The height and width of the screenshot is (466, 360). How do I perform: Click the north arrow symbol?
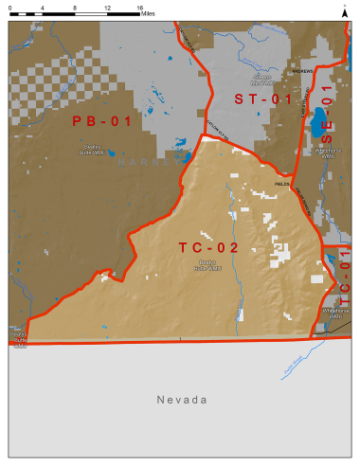click(x=344, y=10)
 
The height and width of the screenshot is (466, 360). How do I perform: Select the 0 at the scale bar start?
click(x=10, y=8)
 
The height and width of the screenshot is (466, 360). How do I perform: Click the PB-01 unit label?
click(x=101, y=120)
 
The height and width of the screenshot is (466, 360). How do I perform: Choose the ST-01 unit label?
click(x=264, y=99)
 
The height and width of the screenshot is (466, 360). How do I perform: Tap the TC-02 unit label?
click(x=208, y=247)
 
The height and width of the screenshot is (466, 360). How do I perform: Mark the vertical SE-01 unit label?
click(x=328, y=117)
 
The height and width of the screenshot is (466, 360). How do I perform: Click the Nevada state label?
click(x=182, y=400)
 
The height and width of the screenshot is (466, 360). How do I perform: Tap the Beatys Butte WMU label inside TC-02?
click(x=207, y=265)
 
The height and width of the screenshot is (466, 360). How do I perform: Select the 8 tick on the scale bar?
click(x=75, y=8)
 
